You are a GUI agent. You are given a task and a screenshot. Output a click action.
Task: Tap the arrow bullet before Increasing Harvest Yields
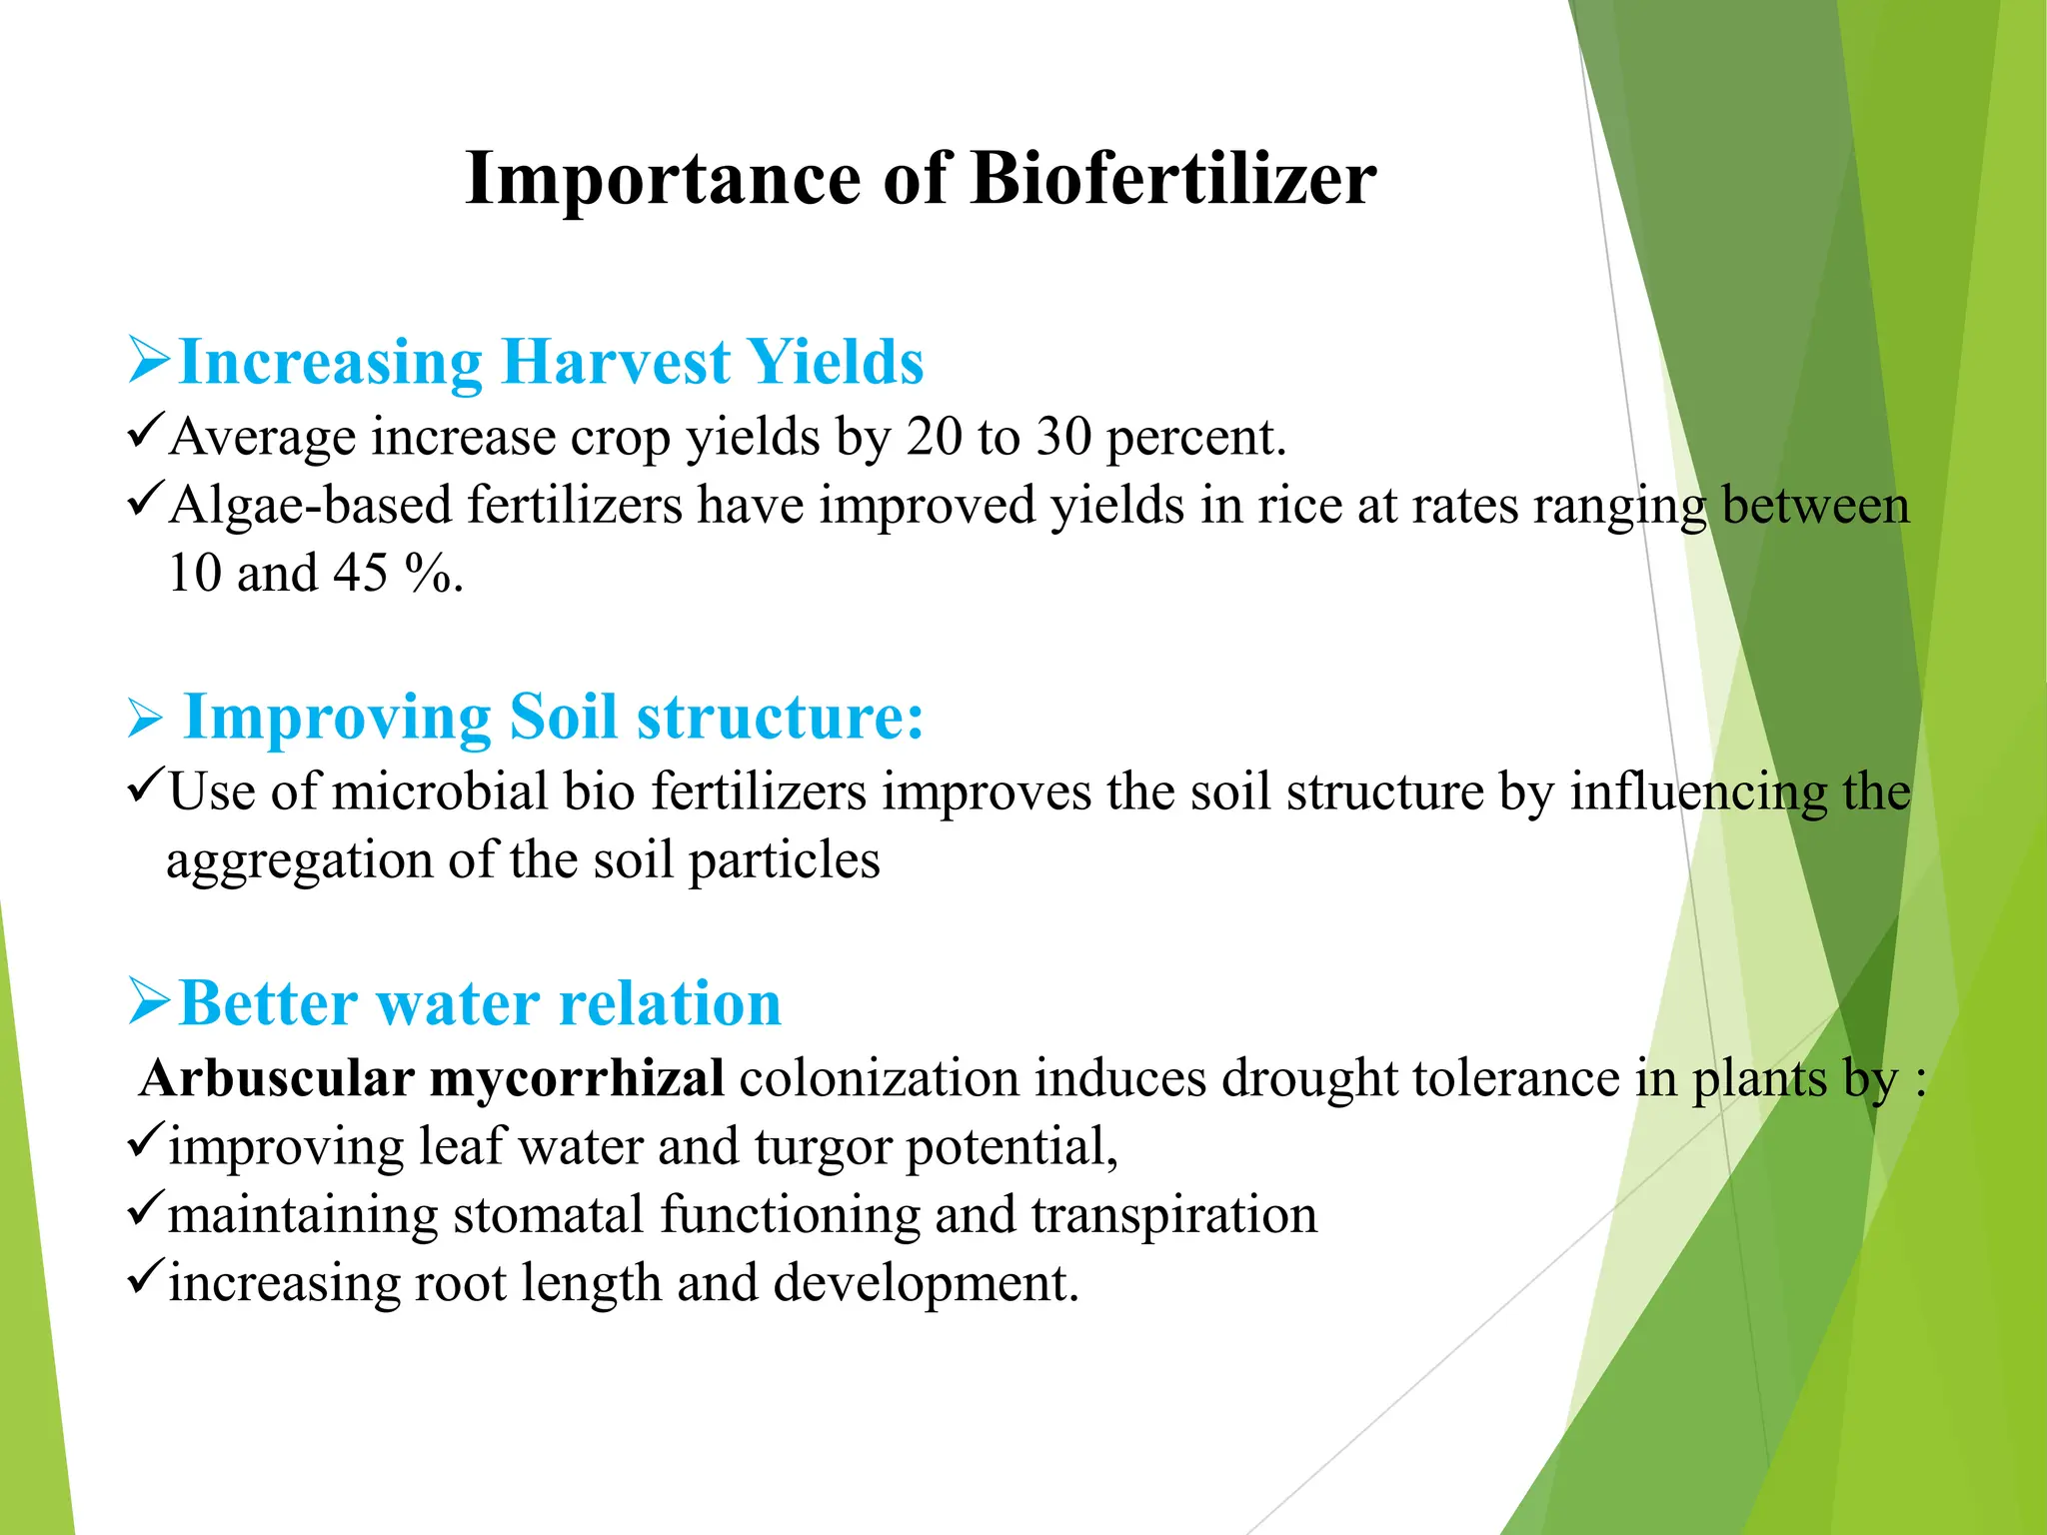click(149, 361)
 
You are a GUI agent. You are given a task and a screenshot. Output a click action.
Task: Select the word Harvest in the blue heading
click(616, 362)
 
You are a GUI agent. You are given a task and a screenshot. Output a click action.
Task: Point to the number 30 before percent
click(1063, 438)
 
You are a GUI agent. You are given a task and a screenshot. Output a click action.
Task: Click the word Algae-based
click(311, 506)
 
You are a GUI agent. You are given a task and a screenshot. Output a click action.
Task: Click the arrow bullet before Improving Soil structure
click(145, 720)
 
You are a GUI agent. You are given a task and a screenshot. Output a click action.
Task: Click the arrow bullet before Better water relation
click(149, 1002)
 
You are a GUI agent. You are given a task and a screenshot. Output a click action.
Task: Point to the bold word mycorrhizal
click(577, 1079)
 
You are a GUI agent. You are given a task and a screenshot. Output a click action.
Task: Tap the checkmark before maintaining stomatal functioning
click(145, 1211)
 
